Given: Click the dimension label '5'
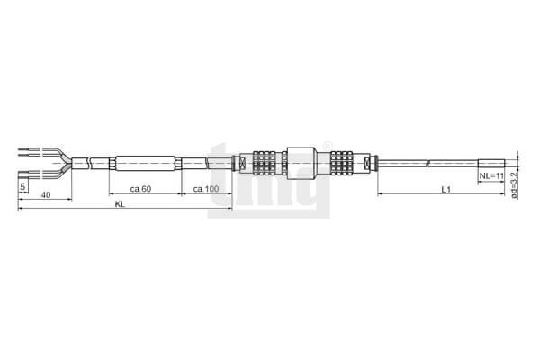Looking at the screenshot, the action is coord(22,186).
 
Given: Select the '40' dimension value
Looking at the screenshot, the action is coord(46,195).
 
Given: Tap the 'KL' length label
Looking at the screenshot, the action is coord(121,204).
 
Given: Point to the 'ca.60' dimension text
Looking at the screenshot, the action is coord(141,189).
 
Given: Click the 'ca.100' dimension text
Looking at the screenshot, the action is coord(206,189).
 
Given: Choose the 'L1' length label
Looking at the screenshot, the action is coord(446,189).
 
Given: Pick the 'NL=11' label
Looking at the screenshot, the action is coord(491,176).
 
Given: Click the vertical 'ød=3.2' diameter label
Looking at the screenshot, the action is coord(514,185).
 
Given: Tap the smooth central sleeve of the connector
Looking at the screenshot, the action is coord(301,163).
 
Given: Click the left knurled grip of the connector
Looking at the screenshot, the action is coord(264,163).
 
